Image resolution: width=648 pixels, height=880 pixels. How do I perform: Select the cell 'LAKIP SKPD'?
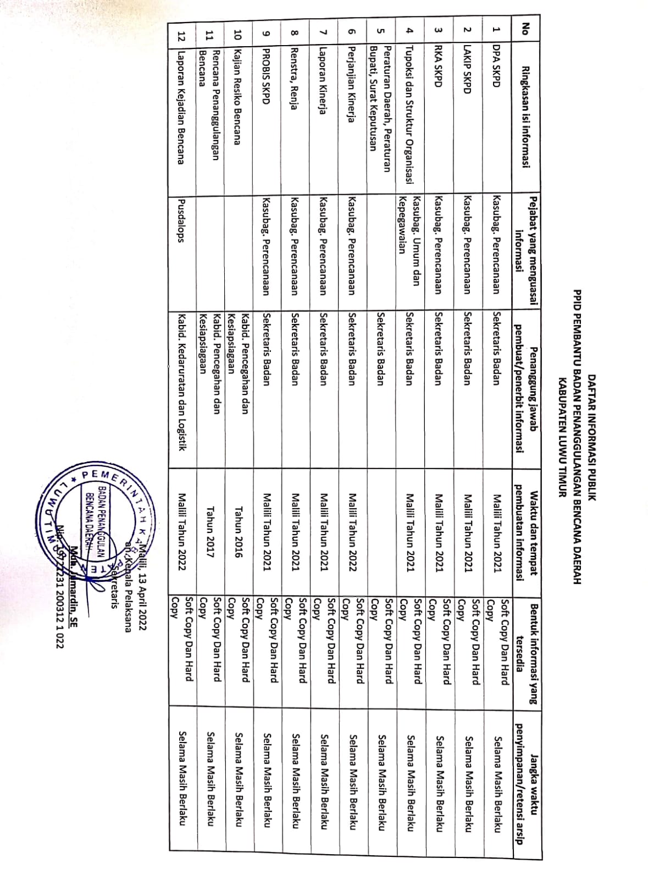(x=467, y=69)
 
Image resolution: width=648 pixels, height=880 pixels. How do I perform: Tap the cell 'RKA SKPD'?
(x=439, y=64)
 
